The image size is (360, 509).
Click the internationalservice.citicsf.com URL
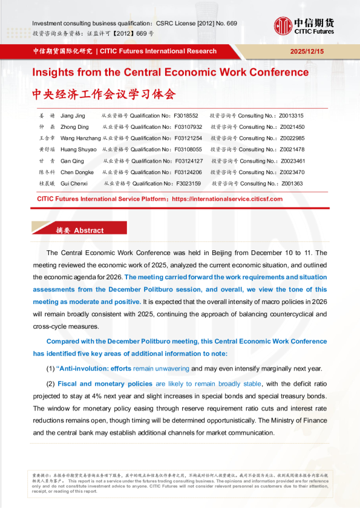coord(227,198)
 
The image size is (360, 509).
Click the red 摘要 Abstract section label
coord(79,230)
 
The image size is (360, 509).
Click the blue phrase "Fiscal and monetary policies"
coord(105,384)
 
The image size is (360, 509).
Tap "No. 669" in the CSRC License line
coord(223,24)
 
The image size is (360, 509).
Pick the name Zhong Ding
coord(76,127)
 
